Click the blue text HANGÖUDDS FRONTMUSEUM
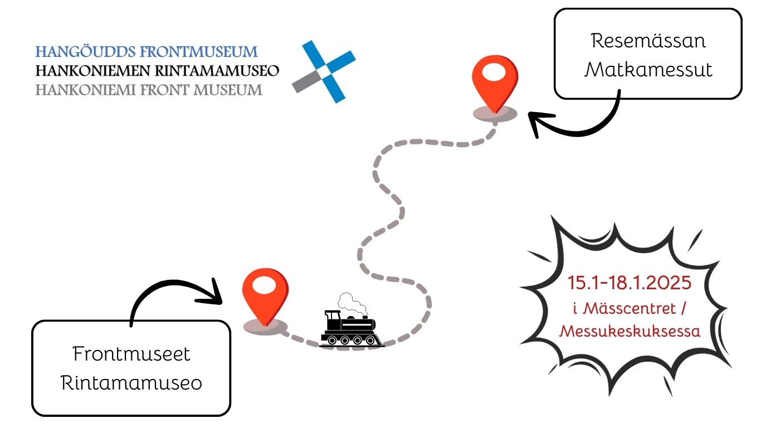point(147,52)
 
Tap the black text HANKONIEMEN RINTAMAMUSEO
point(157,71)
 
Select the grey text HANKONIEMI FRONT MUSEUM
point(149,90)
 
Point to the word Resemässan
point(648,41)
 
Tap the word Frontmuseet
point(131,354)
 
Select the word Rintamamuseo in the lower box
point(131,383)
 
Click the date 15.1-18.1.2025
point(630,283)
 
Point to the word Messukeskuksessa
point(630,331)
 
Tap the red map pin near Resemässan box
point(494,84)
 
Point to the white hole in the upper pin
point(494,73)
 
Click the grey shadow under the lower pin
point(265,327)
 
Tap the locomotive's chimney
point(331,316)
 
